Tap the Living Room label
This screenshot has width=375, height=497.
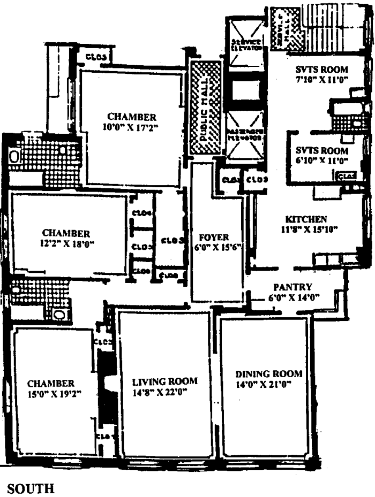coord(165,381)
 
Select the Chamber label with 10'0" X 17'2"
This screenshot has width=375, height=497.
coord(132,117)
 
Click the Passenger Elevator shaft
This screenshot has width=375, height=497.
coord(245,136)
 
